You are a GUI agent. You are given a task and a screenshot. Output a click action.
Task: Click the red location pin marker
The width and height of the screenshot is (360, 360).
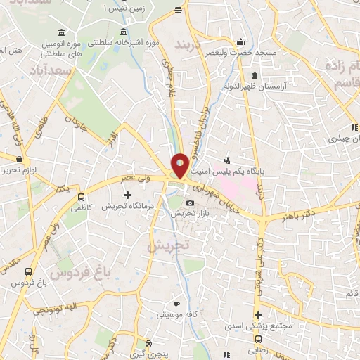180,165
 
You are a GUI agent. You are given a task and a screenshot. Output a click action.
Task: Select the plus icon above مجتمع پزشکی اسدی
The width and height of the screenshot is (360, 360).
259,316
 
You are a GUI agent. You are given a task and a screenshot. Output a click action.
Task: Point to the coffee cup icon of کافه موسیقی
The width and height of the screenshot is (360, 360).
177,304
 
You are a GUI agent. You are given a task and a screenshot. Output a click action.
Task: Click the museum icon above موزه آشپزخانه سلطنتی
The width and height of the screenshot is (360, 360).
124,32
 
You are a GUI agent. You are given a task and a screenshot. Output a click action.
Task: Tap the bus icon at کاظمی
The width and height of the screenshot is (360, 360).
81,198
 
